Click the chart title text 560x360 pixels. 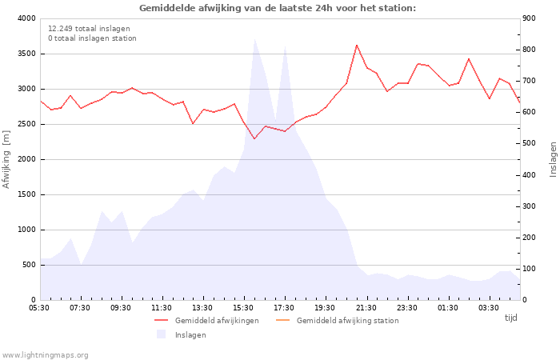[278, 8]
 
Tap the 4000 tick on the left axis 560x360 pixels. [26, 18]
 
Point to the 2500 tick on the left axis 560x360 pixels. [26, 124]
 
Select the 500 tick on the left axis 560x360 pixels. [28, 265]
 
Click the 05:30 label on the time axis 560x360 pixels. [39, 307]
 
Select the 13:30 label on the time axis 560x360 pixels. [202, 307]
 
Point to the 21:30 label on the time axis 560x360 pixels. [366, 307]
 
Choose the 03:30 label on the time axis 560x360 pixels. [489, 307]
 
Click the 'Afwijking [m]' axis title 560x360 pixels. [7, 159]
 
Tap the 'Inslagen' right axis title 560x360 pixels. [553, 159]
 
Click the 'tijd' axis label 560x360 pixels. [510, 318]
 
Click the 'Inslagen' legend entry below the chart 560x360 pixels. [190, 335]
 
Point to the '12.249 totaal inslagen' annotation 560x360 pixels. [89, 28]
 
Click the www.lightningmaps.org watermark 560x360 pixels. [46, 354]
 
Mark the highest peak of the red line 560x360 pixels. [357, 45]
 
